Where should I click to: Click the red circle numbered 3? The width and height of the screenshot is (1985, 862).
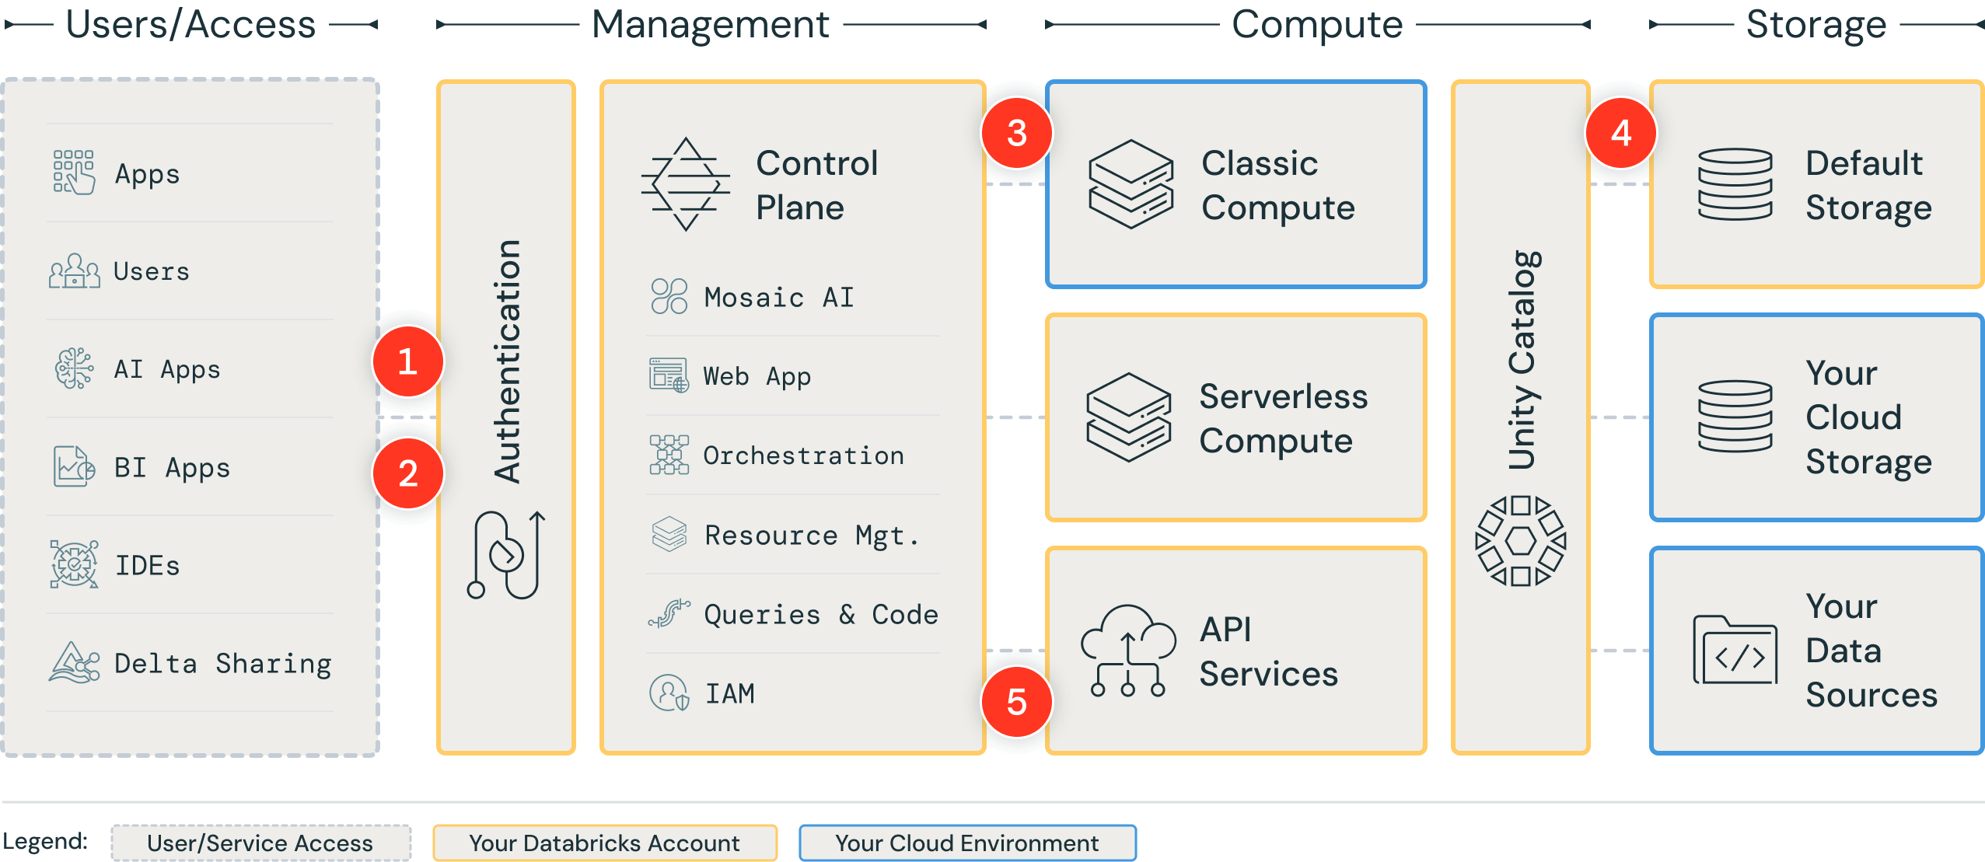(x=1016, y=133)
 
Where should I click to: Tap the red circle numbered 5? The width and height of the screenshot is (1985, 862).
(x=1016, y=702)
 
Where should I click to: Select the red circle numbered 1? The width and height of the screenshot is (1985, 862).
(x=407, y=361)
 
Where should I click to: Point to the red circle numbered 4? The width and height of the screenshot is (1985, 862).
(x=1620, y=133)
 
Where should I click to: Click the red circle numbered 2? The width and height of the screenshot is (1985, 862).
(x=407, y=473)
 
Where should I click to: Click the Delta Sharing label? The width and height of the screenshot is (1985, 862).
(x=222, y=664)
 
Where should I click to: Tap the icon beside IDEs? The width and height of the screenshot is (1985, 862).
(x=74, y=564)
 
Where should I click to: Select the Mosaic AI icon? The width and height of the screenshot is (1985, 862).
(x=669, y=296)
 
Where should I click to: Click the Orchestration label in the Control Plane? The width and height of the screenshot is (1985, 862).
(x=803, y=455)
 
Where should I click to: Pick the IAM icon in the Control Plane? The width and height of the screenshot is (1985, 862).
(x=669, y=693)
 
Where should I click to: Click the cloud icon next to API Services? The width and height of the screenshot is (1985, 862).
(x=1127, y=651)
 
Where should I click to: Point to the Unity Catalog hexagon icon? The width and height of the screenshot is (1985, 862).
(x=1520, y=540)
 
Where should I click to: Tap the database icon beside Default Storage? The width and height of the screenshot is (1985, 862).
(x=1735, y=184)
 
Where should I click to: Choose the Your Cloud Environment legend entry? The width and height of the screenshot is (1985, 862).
(x=966, y=843)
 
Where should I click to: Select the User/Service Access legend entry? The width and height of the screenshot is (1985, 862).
(x=260, y=843)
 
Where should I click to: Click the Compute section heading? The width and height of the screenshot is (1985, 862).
(x=1317, y=25)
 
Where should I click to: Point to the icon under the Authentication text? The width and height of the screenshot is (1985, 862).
(x=506, y=555)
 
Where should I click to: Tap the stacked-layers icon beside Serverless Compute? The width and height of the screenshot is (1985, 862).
(x=1128, y=417)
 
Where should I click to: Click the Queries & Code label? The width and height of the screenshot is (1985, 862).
(x=820, y=614)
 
